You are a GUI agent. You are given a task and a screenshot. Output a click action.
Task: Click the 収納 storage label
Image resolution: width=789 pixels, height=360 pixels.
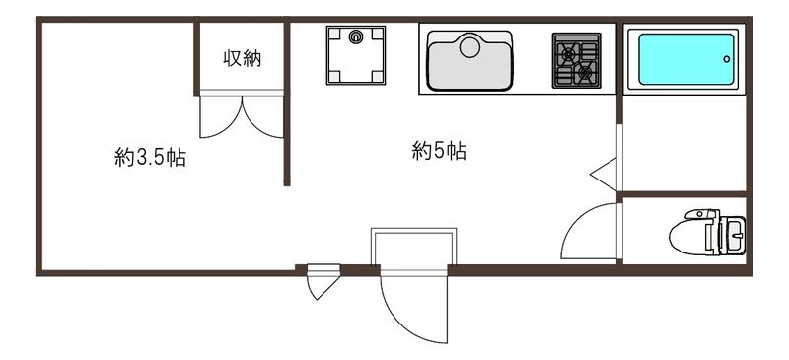coord(242,59)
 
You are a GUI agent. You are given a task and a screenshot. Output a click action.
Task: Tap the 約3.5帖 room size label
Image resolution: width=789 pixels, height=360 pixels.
coord(150,157)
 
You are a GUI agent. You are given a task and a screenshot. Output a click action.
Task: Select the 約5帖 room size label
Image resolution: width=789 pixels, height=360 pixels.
coord(439,152)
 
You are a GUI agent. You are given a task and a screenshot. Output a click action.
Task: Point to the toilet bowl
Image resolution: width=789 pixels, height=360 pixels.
coord(694,236)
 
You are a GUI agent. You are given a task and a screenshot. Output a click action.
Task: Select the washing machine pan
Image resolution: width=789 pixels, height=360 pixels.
coord(356,55)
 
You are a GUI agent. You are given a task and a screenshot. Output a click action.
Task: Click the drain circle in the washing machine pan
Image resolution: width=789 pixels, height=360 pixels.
coord(356,37)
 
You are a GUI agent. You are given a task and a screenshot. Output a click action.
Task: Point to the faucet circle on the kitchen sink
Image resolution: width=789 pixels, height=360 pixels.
coord(469,44)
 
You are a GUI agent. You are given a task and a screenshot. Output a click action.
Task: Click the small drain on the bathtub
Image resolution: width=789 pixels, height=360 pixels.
coord(727,59)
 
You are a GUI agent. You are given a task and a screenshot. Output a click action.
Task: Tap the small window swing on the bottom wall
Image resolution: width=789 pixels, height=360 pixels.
coord(322,283)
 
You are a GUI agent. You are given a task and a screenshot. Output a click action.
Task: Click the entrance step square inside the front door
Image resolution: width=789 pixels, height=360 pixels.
coord(414,248)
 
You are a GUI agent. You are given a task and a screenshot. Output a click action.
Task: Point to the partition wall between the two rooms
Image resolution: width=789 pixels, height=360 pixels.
coord(287,138)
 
